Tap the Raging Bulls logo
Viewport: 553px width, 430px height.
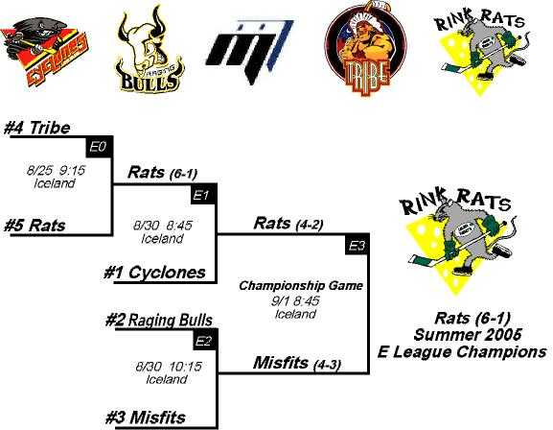click(150, 51)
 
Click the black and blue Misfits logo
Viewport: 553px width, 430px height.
click(250, 52)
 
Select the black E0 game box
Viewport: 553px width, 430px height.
click(99, 147)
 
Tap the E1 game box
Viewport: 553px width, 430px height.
click(203, 194)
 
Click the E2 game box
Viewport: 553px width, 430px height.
click(205, 340)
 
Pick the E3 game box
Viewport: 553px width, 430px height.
click(357, 244)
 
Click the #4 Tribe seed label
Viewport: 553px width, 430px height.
click(37, 128)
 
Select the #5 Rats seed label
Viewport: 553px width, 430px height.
click(35, 226)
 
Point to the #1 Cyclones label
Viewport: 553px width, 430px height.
click(155, 273)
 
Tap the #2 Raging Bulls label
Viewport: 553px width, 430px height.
click(159, 321)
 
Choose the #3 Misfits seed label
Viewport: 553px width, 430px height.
click(146, 418)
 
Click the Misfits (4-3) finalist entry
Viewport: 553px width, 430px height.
click(297, 363)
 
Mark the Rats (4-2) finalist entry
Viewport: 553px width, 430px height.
click(288, 224)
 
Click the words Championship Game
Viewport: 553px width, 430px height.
click(301, 285)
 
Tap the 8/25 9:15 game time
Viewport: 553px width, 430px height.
click(56, 171)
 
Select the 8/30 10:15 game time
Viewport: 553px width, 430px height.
click(169, 367)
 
